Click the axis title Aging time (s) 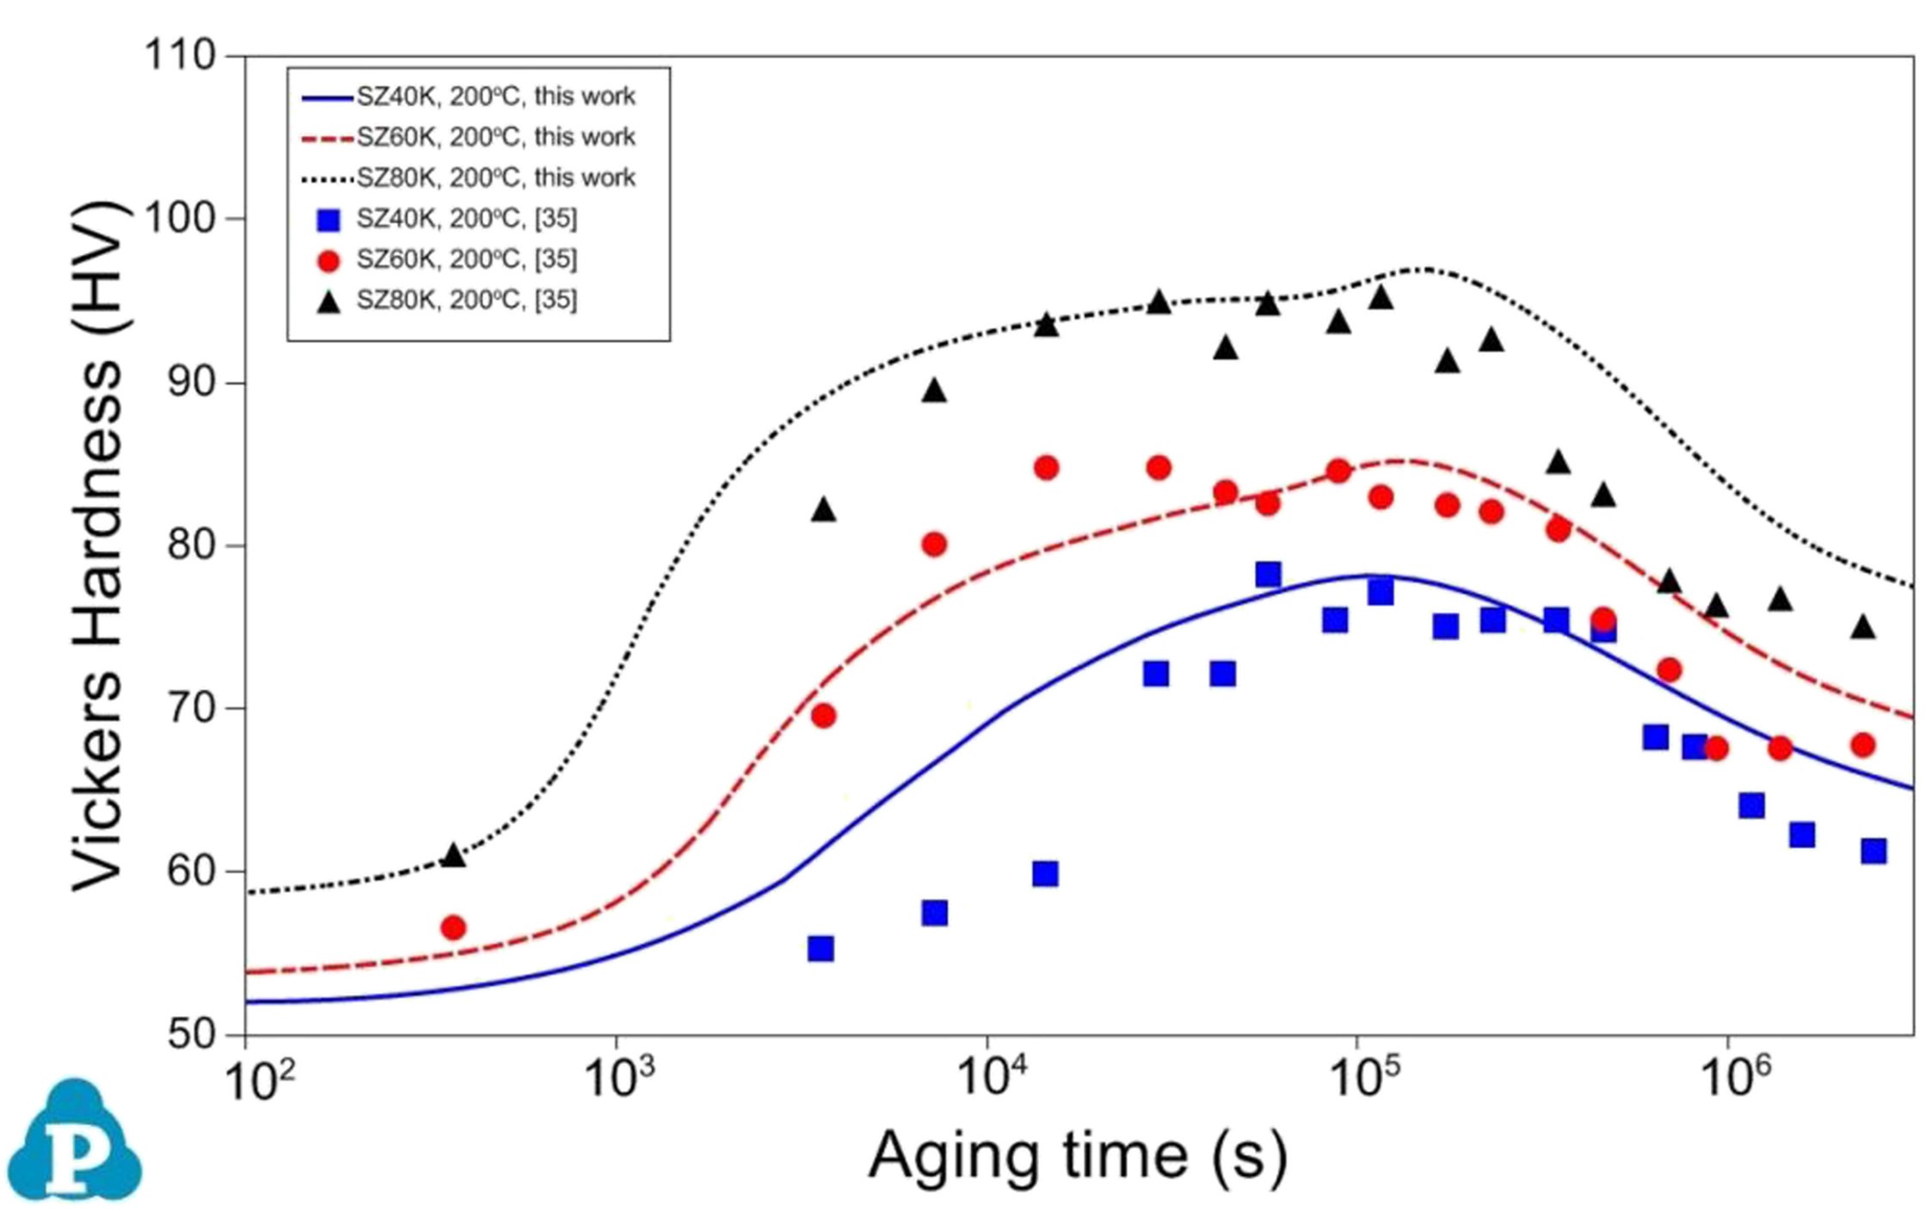click(x=1078, y=1155)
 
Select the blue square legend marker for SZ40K click(x=329, y=220)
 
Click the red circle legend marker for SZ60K click(x=329, y=261)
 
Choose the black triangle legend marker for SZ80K click(x=329, y=301)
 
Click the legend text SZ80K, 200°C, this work click(x=495, y=178)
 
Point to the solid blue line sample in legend click(x=327, y=98)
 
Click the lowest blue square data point click(x=821, y=949)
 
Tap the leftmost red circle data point click(x=453, y=927)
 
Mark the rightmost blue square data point click(x=1873, y=851)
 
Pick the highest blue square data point click(x=1268, y=574)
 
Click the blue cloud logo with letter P click(x=75, y=1140)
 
